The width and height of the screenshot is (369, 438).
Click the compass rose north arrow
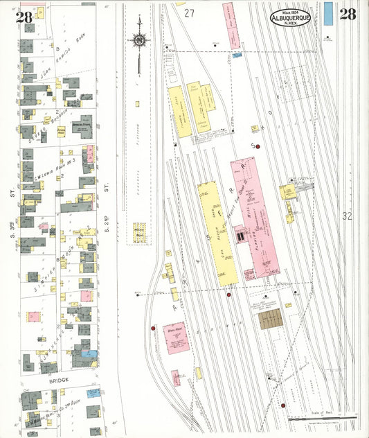click(139, 40)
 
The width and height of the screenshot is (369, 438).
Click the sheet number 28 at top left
click(24, 17)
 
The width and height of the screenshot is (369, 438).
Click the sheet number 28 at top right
click(348, 15)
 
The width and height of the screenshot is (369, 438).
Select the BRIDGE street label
click(60, 380)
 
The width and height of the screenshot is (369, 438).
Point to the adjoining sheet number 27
click(190, 13)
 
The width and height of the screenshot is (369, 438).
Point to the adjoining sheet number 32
click(347, 216)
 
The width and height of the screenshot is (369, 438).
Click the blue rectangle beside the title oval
click(328, 14)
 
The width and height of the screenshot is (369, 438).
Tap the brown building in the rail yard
click(270, 319)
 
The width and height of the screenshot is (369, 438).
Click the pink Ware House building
click(176, 338)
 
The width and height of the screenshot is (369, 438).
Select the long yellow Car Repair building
click(217, 232)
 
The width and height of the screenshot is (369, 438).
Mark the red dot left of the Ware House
click(153, 327)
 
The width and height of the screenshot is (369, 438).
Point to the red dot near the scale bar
click(283, 405)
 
